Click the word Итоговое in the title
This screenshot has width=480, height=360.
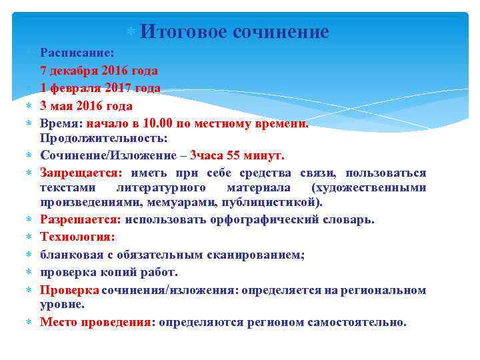tap(182, 31)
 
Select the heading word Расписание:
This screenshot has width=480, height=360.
tap(77, 52)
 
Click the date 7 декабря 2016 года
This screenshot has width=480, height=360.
tap(99, 70)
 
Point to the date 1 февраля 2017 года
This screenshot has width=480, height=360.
tap(100, 88)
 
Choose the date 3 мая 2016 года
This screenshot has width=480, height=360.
tap(86, 106)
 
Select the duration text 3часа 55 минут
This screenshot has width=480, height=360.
tap(237, 155)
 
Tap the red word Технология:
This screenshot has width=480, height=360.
tap(77, 237)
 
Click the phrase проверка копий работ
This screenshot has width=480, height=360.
tap(109, 272)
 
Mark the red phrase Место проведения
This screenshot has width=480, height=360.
tap(95, 322)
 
